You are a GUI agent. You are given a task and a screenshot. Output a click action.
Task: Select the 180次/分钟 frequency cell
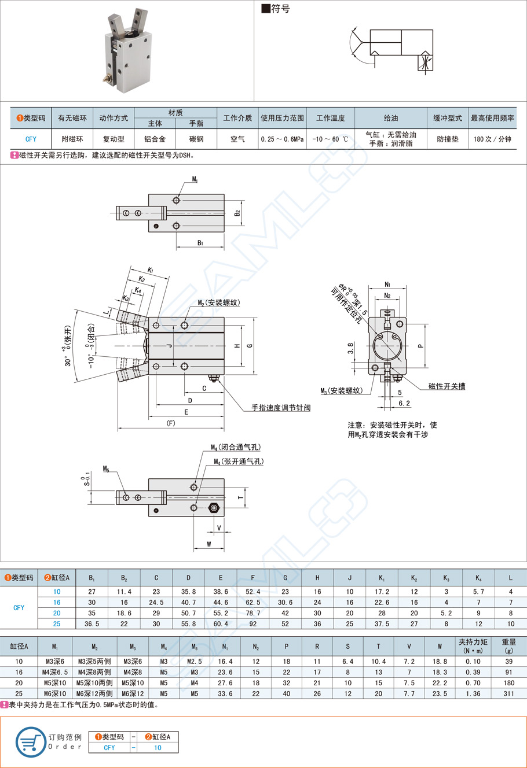[x=492, y=139]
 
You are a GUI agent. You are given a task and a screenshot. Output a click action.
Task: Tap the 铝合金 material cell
[x=155, y=139]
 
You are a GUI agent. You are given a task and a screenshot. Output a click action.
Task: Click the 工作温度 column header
[x=330, y=118]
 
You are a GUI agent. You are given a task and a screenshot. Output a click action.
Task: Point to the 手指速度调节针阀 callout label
[x=281, y=408]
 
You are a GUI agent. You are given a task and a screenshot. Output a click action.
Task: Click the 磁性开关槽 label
[x=447, y=386]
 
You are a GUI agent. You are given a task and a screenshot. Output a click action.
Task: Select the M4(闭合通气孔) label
[x=236, y=447]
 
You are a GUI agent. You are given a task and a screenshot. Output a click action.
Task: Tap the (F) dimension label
[x=171, y=423]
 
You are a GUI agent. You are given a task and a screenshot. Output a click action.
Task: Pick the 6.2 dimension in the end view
[x=404, y=404]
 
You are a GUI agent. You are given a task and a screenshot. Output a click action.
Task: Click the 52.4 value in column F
[x=252, y=592]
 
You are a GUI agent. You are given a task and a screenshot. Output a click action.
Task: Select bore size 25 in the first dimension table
[x=57, y=624]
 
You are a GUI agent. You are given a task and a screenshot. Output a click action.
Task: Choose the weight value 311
[x=508, y=693]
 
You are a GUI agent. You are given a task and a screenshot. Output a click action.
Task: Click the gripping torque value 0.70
[x=473, y=683]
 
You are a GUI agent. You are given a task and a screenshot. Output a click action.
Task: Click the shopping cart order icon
[x=31, y=741]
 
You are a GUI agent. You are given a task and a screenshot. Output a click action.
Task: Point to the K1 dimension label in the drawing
[x=151, y=270]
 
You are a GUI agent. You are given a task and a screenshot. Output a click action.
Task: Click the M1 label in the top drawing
[x=195, y=180]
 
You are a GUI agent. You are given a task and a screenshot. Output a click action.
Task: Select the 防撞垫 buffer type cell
[x=447, y=139]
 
